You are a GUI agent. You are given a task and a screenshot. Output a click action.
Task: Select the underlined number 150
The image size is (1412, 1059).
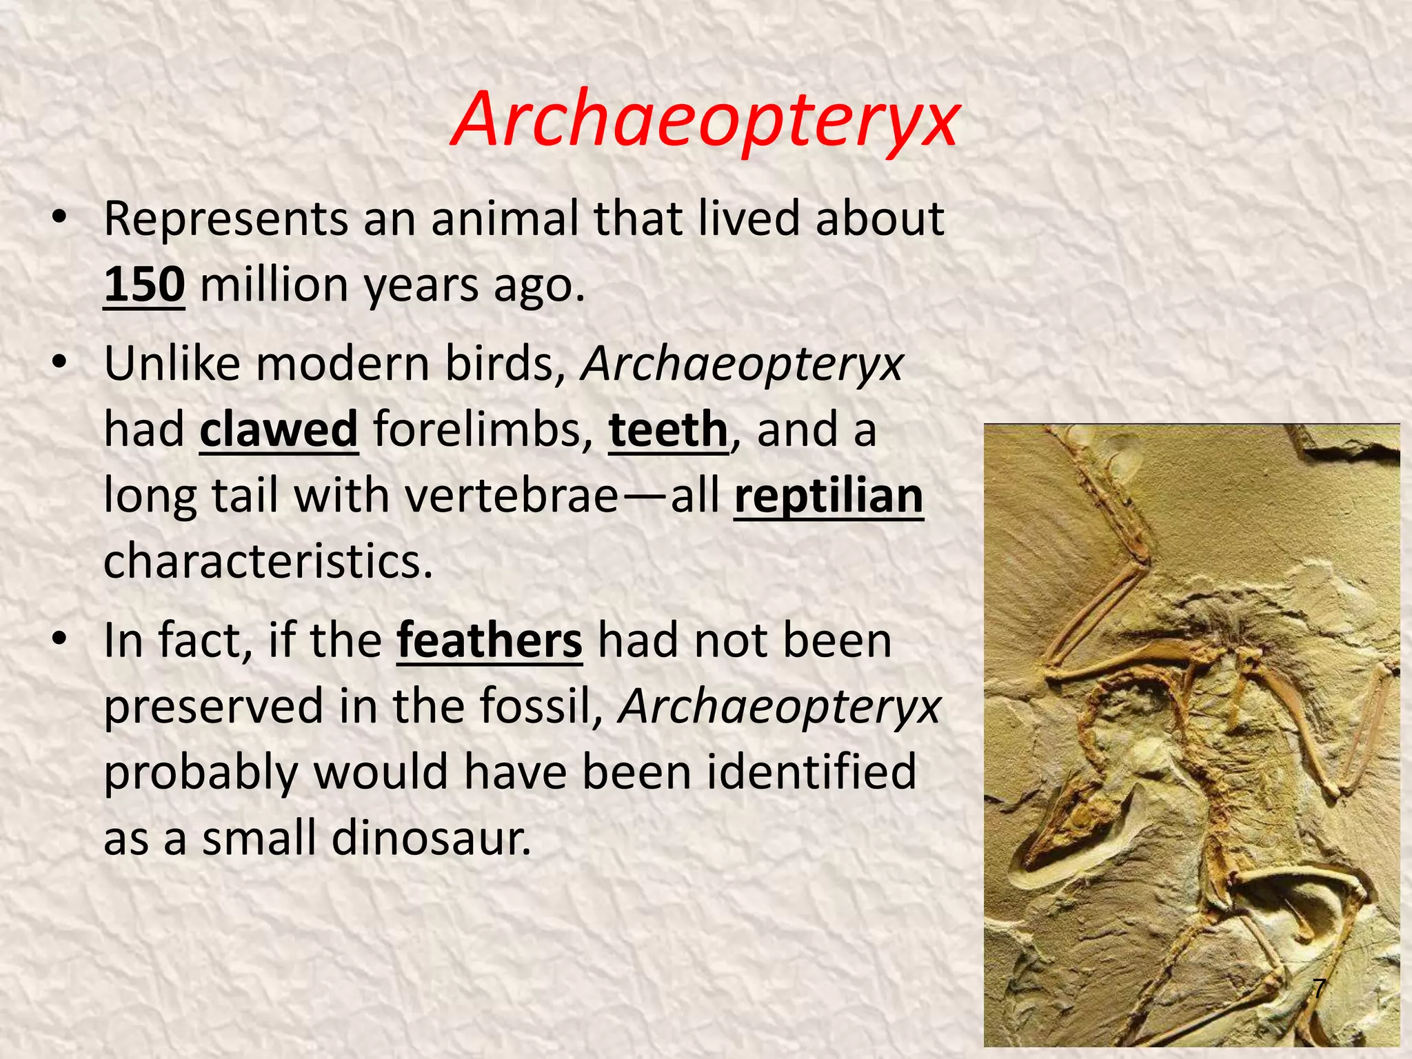click(144, 285)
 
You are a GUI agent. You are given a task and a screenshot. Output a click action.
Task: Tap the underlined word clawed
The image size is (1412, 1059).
click(279, 430)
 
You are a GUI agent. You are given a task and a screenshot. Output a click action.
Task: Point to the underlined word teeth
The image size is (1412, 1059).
click(668, 430)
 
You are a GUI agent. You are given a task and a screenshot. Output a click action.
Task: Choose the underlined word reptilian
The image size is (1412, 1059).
click(828, 496)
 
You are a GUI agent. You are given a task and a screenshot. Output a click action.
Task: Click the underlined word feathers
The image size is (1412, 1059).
click(490, 641)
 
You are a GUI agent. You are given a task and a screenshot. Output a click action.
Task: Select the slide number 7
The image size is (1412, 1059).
click(1318, 989)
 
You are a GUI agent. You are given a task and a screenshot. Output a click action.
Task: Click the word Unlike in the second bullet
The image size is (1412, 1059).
click(172, 363)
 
